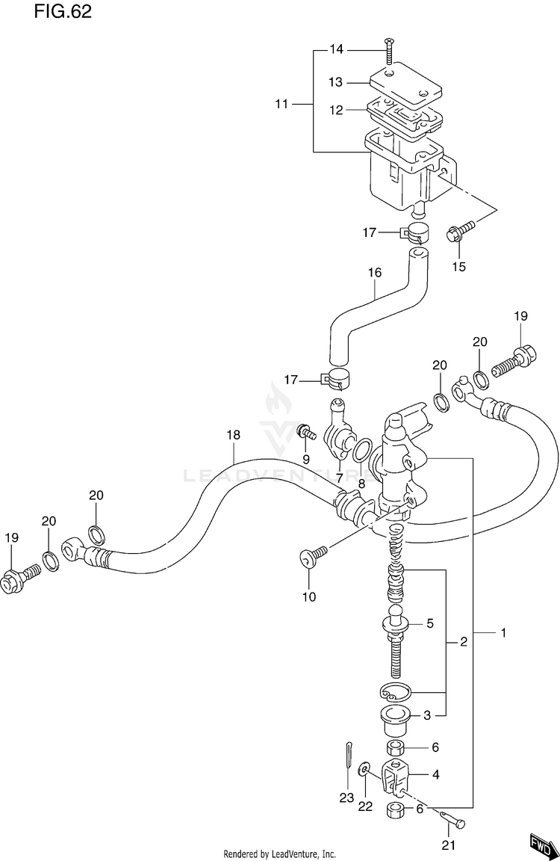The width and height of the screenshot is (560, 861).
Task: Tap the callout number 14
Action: (x=337, y=49)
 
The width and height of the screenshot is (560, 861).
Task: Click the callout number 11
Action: (x=281, y=104)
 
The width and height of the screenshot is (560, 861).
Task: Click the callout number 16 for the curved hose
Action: (x=374, y=273)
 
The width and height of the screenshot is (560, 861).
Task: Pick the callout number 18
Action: (x=233, y=434)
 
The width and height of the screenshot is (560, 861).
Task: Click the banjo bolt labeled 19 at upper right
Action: (x=521, y=354)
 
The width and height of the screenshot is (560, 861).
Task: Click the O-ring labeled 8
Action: (x=361, y=451)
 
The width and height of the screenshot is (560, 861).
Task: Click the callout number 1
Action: (x=503, y=633)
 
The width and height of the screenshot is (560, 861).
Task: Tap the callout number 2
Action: (x=463, y=641)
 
